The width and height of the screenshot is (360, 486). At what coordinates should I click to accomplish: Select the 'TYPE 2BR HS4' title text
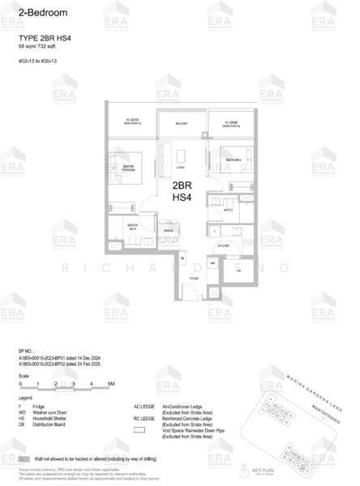[x=41, y=37]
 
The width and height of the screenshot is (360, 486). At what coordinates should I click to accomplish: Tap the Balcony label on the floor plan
[x=182, y=123]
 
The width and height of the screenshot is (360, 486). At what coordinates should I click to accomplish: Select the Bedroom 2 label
[x=233, y=161]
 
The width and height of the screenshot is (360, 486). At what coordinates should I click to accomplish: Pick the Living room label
[x=180, y=168]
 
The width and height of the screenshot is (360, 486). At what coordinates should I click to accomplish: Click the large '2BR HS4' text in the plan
[x=182, y=191]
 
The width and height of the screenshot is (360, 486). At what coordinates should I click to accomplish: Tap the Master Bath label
[x=131, y=228]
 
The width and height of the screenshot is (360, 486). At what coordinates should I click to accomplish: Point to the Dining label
[x=168, y=230]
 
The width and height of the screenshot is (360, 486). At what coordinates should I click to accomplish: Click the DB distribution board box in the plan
[x=182, y=259]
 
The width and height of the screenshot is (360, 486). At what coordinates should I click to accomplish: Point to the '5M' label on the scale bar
[x=111, y=383]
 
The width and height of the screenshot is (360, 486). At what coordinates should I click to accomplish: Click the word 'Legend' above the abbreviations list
[x=25, y=399]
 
